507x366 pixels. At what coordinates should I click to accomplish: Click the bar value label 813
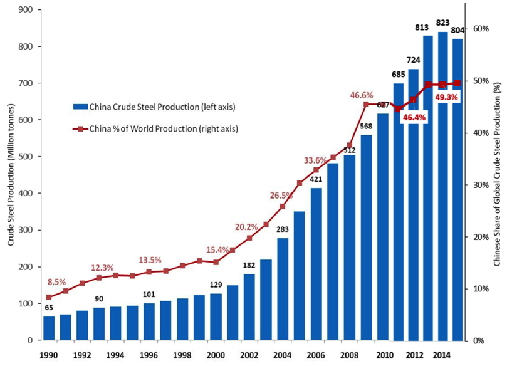[x=422, y=28]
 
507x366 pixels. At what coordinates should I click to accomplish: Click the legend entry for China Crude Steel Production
[x=154, y=107]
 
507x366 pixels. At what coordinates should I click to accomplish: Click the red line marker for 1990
[x=49, y=297]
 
